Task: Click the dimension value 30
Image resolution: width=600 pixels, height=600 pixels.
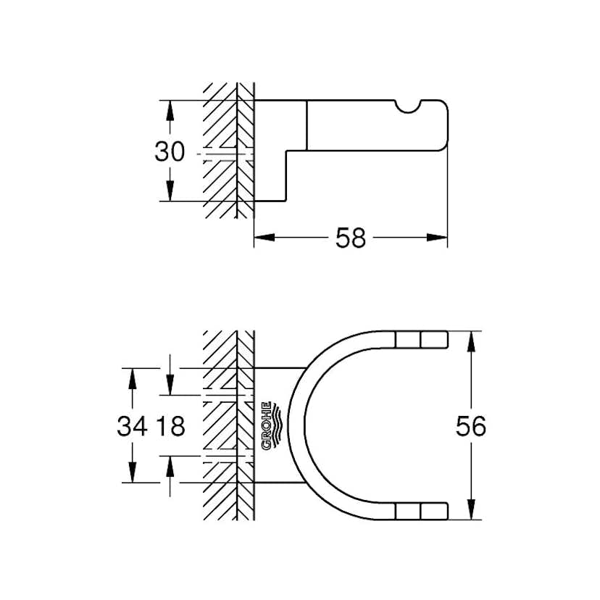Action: [170, 151]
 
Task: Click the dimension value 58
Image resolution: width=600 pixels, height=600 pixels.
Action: [350, 237]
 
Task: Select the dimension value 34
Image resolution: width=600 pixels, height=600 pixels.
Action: [133, 426]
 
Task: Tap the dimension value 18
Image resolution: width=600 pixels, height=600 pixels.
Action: [170, 426]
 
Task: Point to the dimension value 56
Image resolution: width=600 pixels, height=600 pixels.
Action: [471, 426]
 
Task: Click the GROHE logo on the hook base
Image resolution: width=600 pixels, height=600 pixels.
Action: [267, 425]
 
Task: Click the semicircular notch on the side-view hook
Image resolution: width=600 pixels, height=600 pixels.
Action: [410, 109]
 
